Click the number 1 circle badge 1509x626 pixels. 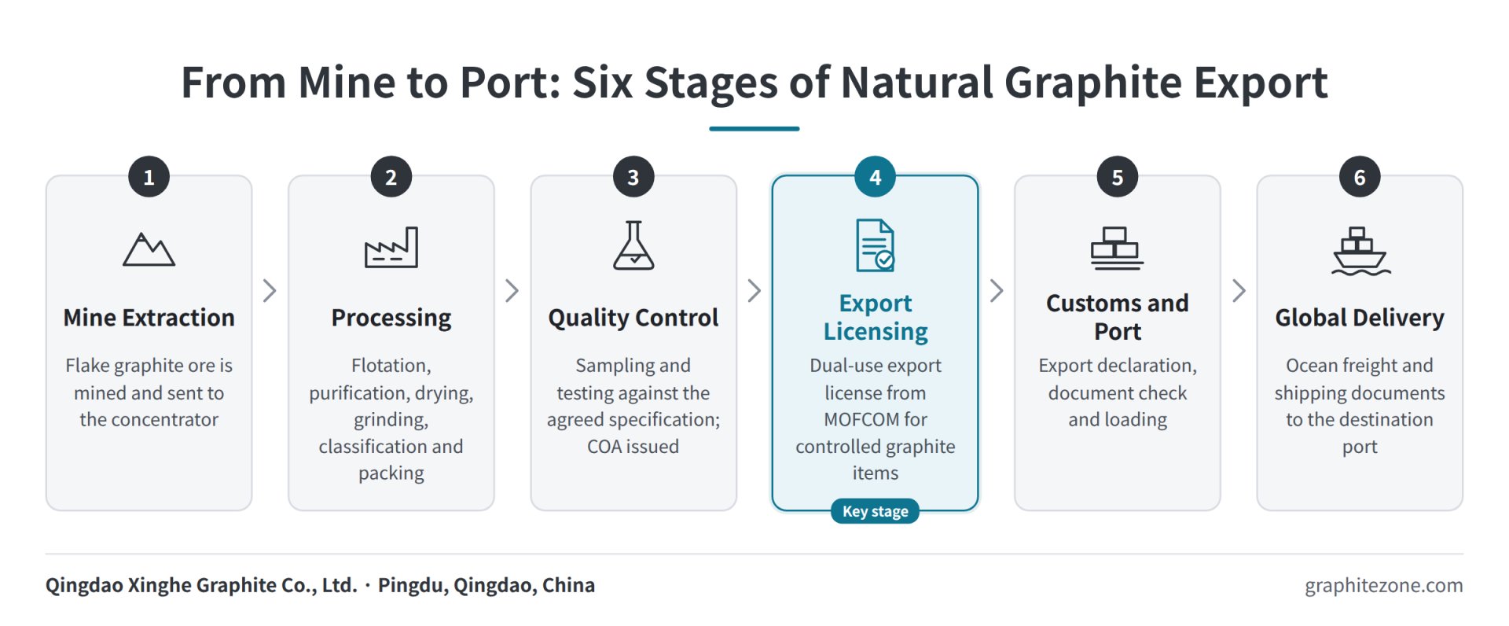tap(149, 177)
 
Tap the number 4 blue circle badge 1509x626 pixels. tap(875, 177)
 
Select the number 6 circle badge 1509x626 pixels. tap(1360, 177)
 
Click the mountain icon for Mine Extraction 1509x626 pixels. tap(149, 249)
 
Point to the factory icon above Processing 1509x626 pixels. tap(391, 248)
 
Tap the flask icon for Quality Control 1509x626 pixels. tap(633, 245)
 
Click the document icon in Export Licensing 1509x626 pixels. tap(875, 245)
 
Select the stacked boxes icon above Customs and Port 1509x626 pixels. tap(1117, 248)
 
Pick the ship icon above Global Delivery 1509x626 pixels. tap(1360, 251)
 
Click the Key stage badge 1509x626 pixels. tap(875, 511)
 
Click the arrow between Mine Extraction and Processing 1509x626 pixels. tap(270, 291)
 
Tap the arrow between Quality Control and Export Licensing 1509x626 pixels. tap(754, 291)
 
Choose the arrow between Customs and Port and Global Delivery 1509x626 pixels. tap(1239, 291)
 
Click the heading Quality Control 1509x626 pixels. tap(633, 318)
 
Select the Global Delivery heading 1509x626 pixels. tap(1360, 318)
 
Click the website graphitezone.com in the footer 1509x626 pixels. tap(1384, 586)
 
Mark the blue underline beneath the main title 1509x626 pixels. tap(754, 128)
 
